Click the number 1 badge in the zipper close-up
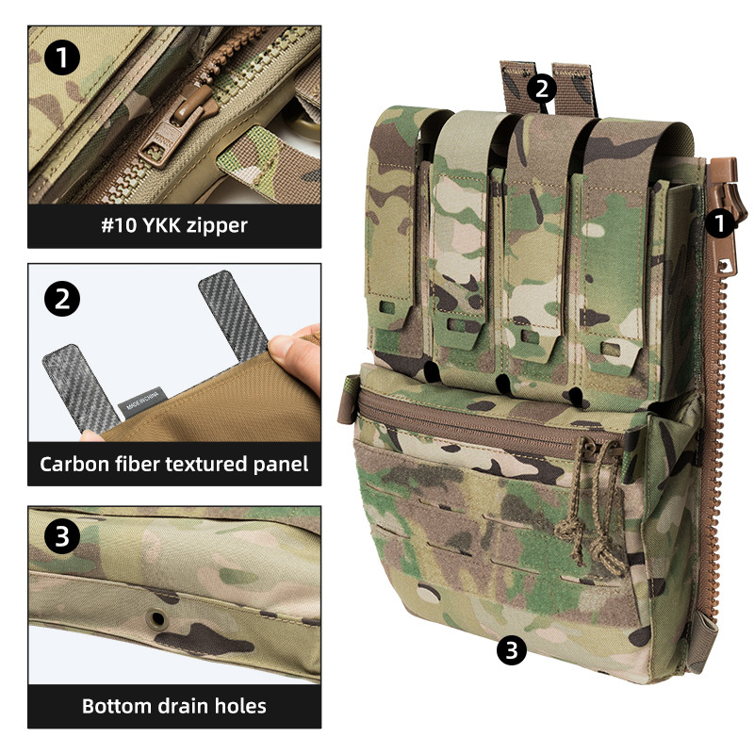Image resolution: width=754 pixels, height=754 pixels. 62,57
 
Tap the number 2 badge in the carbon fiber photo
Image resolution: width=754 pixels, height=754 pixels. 62,299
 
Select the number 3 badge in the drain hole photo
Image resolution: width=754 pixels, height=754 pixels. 62,535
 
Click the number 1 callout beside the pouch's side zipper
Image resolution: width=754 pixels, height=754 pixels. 719,223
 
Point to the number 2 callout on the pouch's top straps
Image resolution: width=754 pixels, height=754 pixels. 541,89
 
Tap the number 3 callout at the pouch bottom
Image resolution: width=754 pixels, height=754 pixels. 511,650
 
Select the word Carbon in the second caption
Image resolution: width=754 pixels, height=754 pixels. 74,464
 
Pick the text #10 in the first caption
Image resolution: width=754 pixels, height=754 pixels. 119,225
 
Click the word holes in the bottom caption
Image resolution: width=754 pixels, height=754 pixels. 240,706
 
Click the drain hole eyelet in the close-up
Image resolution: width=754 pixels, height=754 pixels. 157,617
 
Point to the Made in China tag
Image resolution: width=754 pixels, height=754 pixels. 143,403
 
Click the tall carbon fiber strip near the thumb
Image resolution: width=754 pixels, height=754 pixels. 233,315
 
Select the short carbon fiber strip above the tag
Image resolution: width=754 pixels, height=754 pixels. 81,388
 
